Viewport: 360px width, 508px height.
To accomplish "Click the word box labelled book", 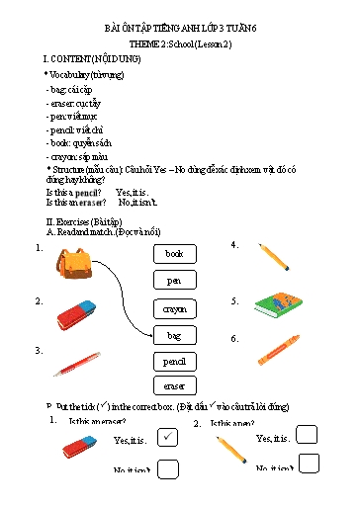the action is coord(174,254).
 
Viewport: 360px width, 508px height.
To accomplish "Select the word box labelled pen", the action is coord(174,281).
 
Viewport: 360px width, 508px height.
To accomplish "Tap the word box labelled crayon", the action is coord(174,308).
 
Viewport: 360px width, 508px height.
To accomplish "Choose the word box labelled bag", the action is coord(174,336).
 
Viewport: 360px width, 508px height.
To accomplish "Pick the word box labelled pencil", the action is coord(174,362).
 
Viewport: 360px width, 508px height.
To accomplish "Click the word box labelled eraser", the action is coord(174,385).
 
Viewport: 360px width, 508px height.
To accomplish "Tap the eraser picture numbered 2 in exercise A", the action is coord(76,313).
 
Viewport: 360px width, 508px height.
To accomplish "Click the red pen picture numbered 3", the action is coord(76,365).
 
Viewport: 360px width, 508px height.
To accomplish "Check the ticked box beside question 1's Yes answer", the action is coord(167,437).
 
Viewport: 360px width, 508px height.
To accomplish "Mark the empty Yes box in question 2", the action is coord(308,435).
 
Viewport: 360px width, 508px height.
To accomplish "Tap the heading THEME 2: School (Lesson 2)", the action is coord(179,46).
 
